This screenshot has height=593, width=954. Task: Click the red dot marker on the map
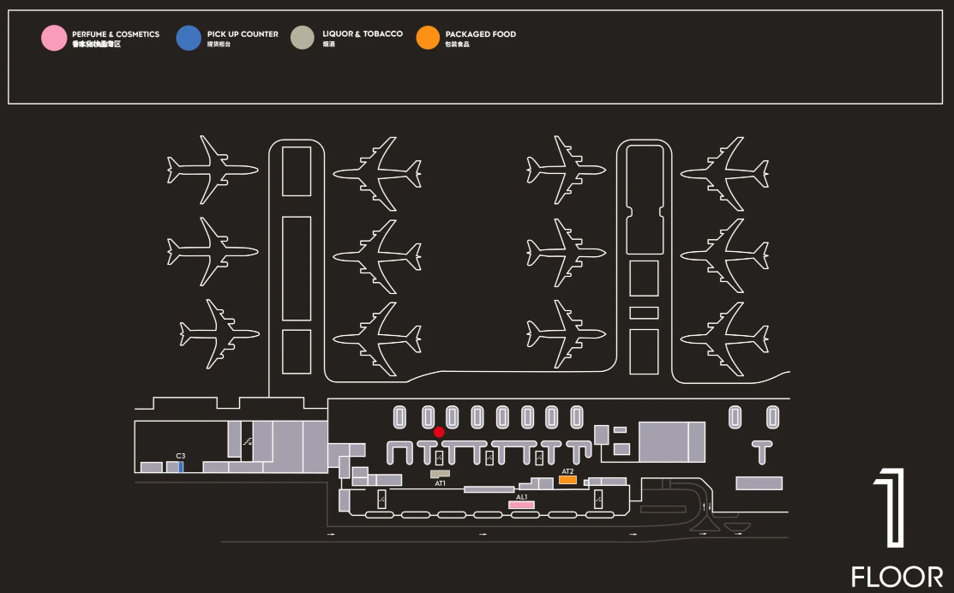(439, 432)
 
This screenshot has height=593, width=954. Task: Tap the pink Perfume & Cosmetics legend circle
(54, 39)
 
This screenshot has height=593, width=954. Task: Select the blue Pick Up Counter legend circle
(189, 39)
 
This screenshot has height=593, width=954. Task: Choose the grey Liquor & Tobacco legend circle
(303, 39)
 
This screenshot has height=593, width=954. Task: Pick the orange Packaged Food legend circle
(428, 39)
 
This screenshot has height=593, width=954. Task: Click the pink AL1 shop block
(521, 505)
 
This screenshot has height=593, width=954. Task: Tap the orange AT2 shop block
(567, 480)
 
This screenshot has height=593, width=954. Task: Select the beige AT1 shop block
(440, 473)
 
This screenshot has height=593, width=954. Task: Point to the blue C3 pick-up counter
(181, 467)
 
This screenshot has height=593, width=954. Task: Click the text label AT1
(440, 483)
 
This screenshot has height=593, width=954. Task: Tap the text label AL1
(521, 496)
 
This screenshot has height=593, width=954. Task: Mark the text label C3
(181, 456)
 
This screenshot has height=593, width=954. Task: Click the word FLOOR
(897, 577)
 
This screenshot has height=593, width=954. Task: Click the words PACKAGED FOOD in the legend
(480, 34)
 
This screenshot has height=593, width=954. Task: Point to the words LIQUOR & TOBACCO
(362, 34)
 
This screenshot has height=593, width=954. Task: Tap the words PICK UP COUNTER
(243, 34)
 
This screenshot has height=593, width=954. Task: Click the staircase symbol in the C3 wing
(247, 442)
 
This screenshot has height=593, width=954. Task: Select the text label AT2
(567, 471)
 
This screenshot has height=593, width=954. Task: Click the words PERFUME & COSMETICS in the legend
(116, 34)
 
